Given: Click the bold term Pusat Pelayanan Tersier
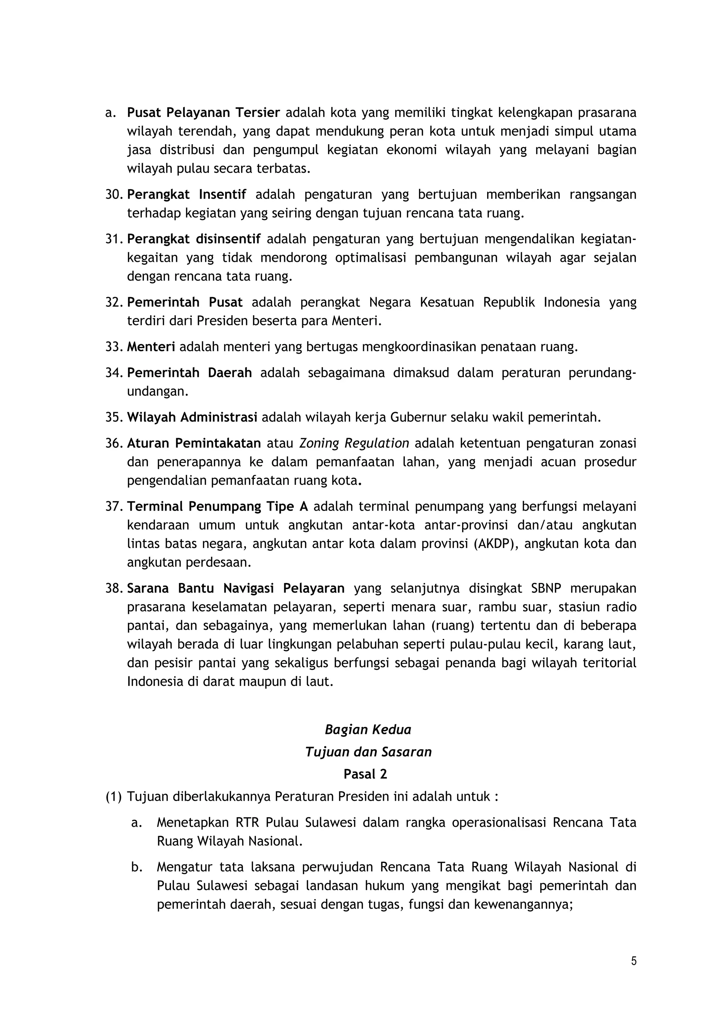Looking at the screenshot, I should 203,113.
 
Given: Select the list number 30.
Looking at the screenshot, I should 113,194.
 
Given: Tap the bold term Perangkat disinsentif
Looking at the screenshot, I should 194,239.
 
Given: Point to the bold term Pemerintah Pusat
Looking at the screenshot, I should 185,302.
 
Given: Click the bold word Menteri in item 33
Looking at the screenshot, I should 151,347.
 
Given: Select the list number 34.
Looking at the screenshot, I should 113,373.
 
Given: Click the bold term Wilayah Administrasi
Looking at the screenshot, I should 192,417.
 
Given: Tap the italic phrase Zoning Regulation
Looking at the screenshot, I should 354,443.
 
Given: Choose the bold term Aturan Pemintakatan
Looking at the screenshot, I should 194,443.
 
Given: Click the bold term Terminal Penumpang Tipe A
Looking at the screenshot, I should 218,507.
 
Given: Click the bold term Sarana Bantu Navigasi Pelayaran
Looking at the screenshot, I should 235,589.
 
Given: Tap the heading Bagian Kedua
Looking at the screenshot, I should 368,730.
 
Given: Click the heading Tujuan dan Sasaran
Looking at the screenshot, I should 368,752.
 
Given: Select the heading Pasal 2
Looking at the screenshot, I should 365,774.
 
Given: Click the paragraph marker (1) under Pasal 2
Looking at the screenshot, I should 113,796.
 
